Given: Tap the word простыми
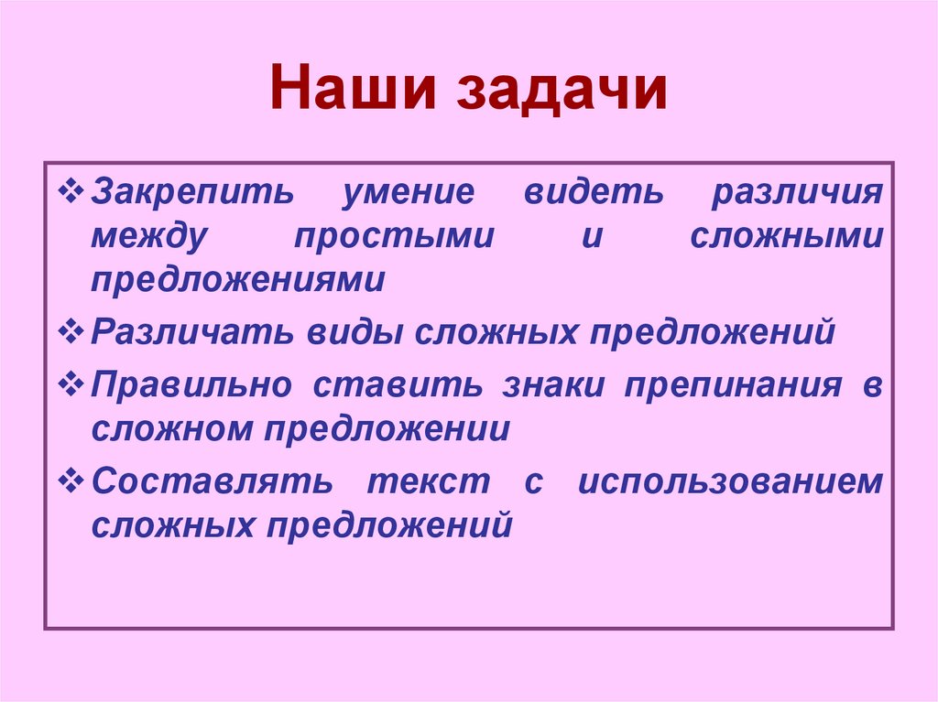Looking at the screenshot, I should pos(394,237).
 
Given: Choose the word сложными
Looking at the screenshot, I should pos(787,237).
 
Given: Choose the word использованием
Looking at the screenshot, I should pos(730,483).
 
